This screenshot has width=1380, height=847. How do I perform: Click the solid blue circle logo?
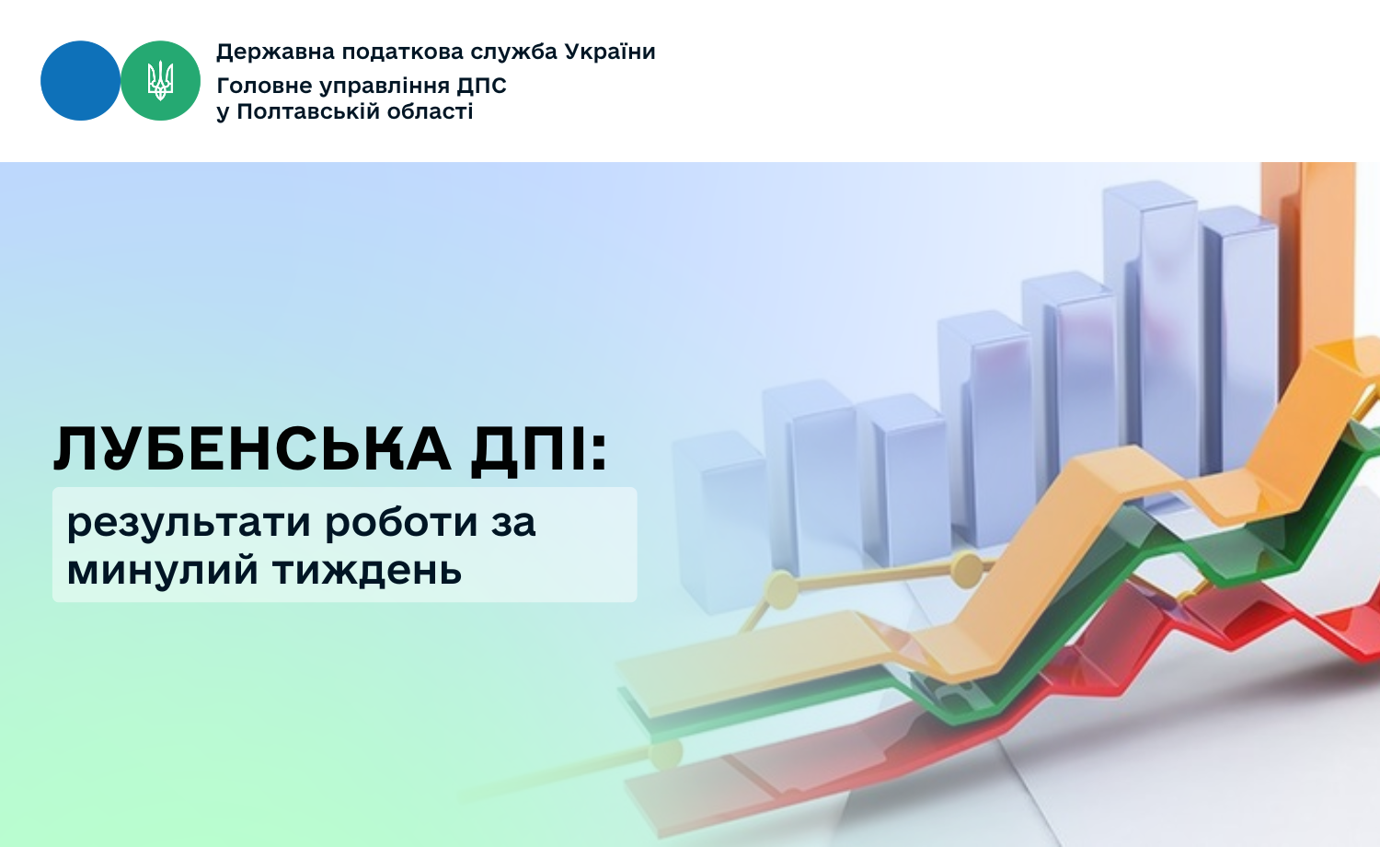[x=80, y=81]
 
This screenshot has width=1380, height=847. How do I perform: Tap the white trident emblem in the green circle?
[x=160, y=81]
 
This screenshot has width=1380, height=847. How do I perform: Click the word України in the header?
[x=610, y=52]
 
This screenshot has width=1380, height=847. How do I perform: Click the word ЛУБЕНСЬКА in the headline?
[x=252, y=449]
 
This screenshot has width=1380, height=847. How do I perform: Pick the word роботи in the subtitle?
[x=402, y=522]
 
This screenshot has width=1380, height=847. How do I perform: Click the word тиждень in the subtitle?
[x=367, y=571]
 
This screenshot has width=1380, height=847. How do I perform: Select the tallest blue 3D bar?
[x=1151, y=345]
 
